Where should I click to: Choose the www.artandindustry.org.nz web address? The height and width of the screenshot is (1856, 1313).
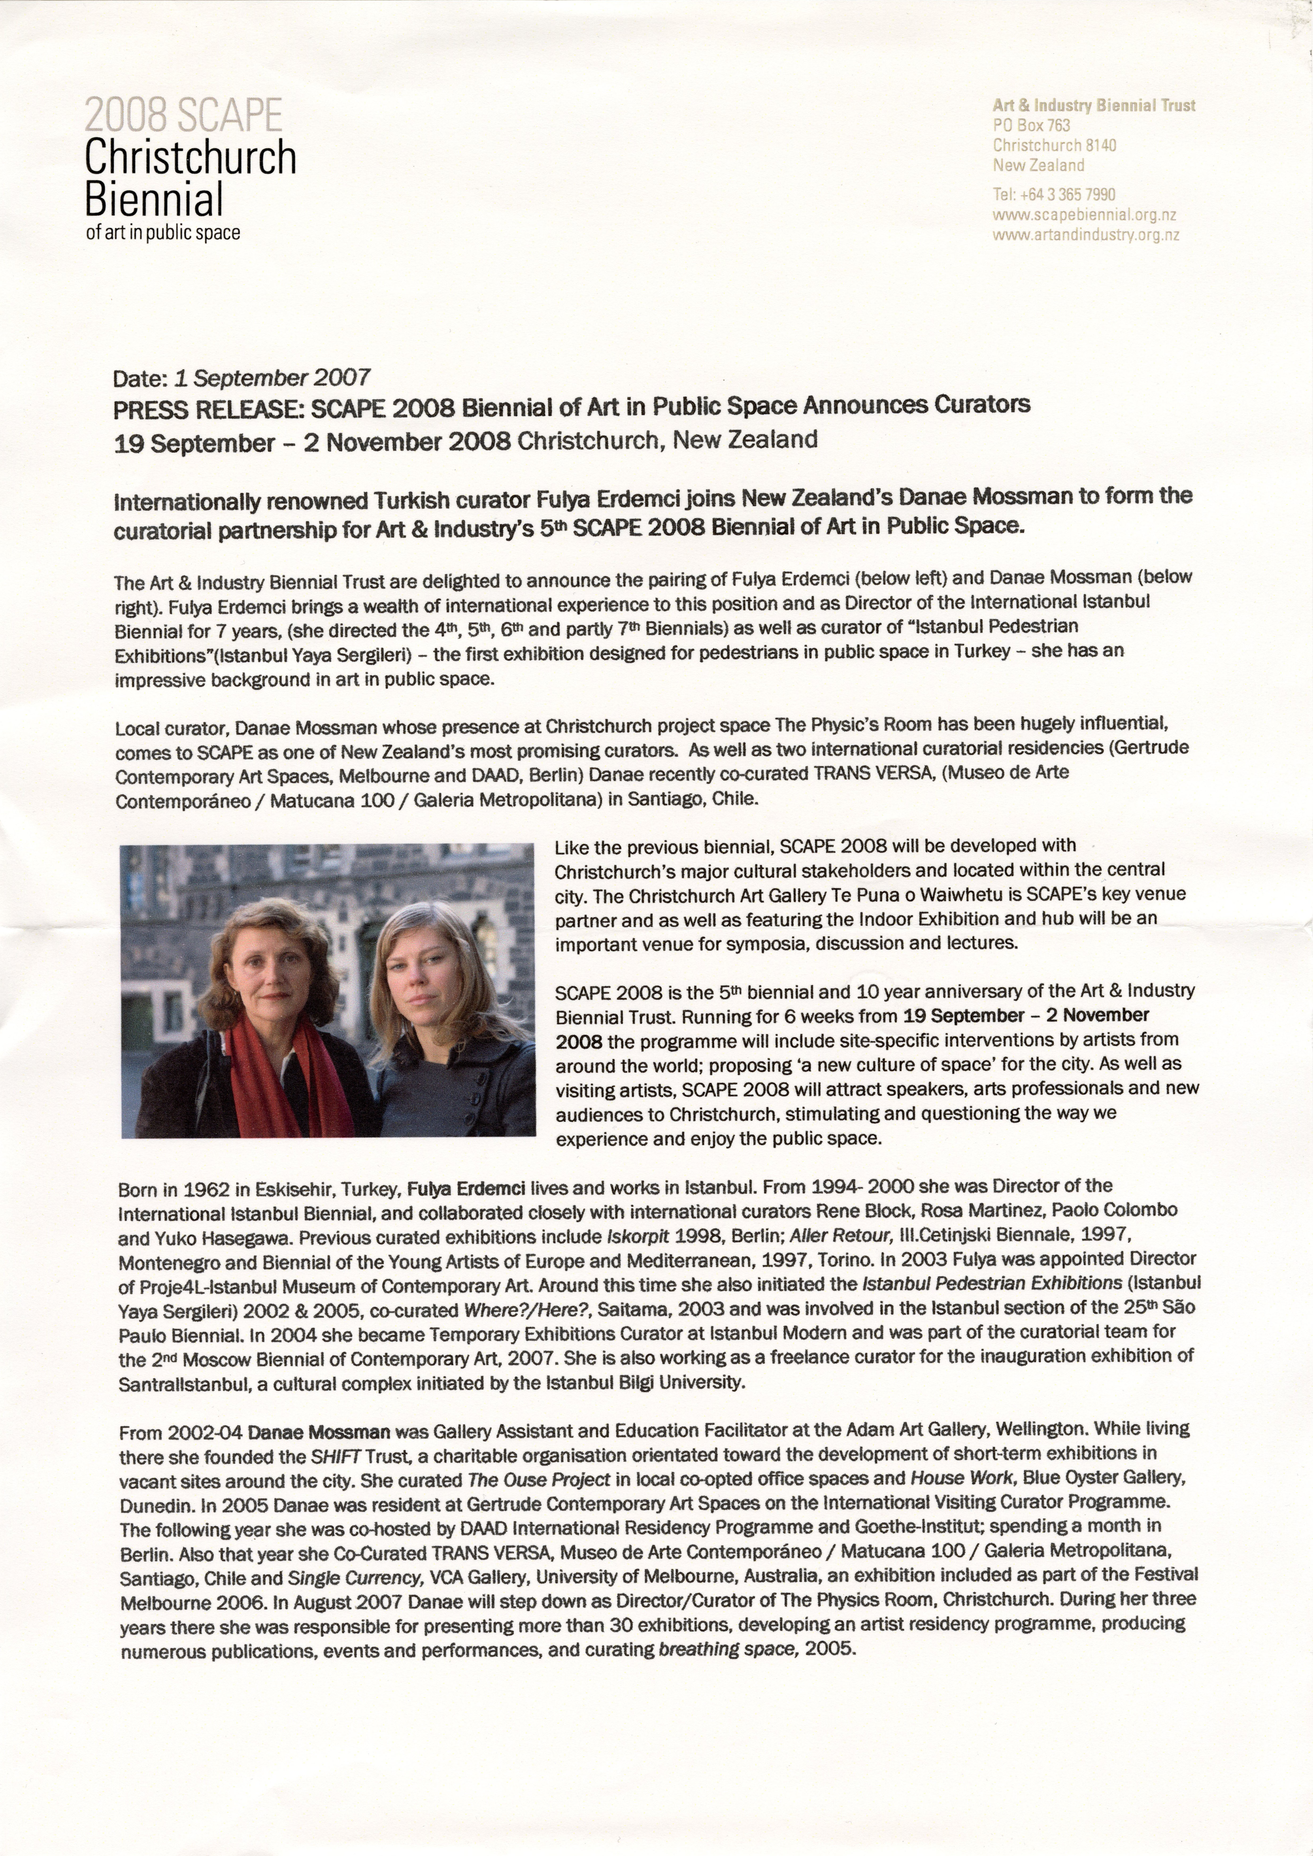pyautogui.click(x=1086, y=235)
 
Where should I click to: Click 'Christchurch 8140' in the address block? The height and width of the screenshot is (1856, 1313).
pyautogui.click(x=1054, y=146)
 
